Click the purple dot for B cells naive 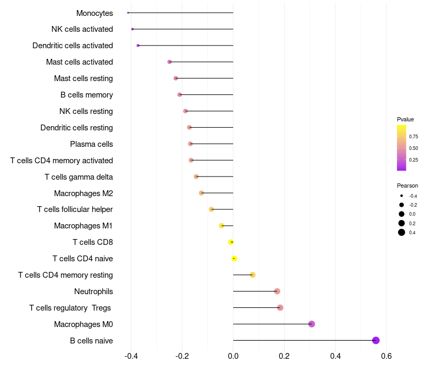point(376,340)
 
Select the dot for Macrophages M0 point(312,324)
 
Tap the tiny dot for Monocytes point(128,13)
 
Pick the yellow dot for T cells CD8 point(231,242)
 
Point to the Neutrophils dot point(277,291)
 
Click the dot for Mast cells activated point(170,62)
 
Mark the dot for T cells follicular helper point(211,209)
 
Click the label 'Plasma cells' point(91,144)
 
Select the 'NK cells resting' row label point(86,111)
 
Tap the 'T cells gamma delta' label point(78,177)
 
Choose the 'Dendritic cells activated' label point(73,46)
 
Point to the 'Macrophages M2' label point(84,193)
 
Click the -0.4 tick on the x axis point(131,356)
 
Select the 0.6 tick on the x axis point(386,356)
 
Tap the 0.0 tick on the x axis point(233,356)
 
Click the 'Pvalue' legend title point(405,119)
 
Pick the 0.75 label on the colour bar point(413,137)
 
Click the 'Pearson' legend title point(408,185)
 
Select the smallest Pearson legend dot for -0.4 point(402,196)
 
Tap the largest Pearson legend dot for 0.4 point(402,232)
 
